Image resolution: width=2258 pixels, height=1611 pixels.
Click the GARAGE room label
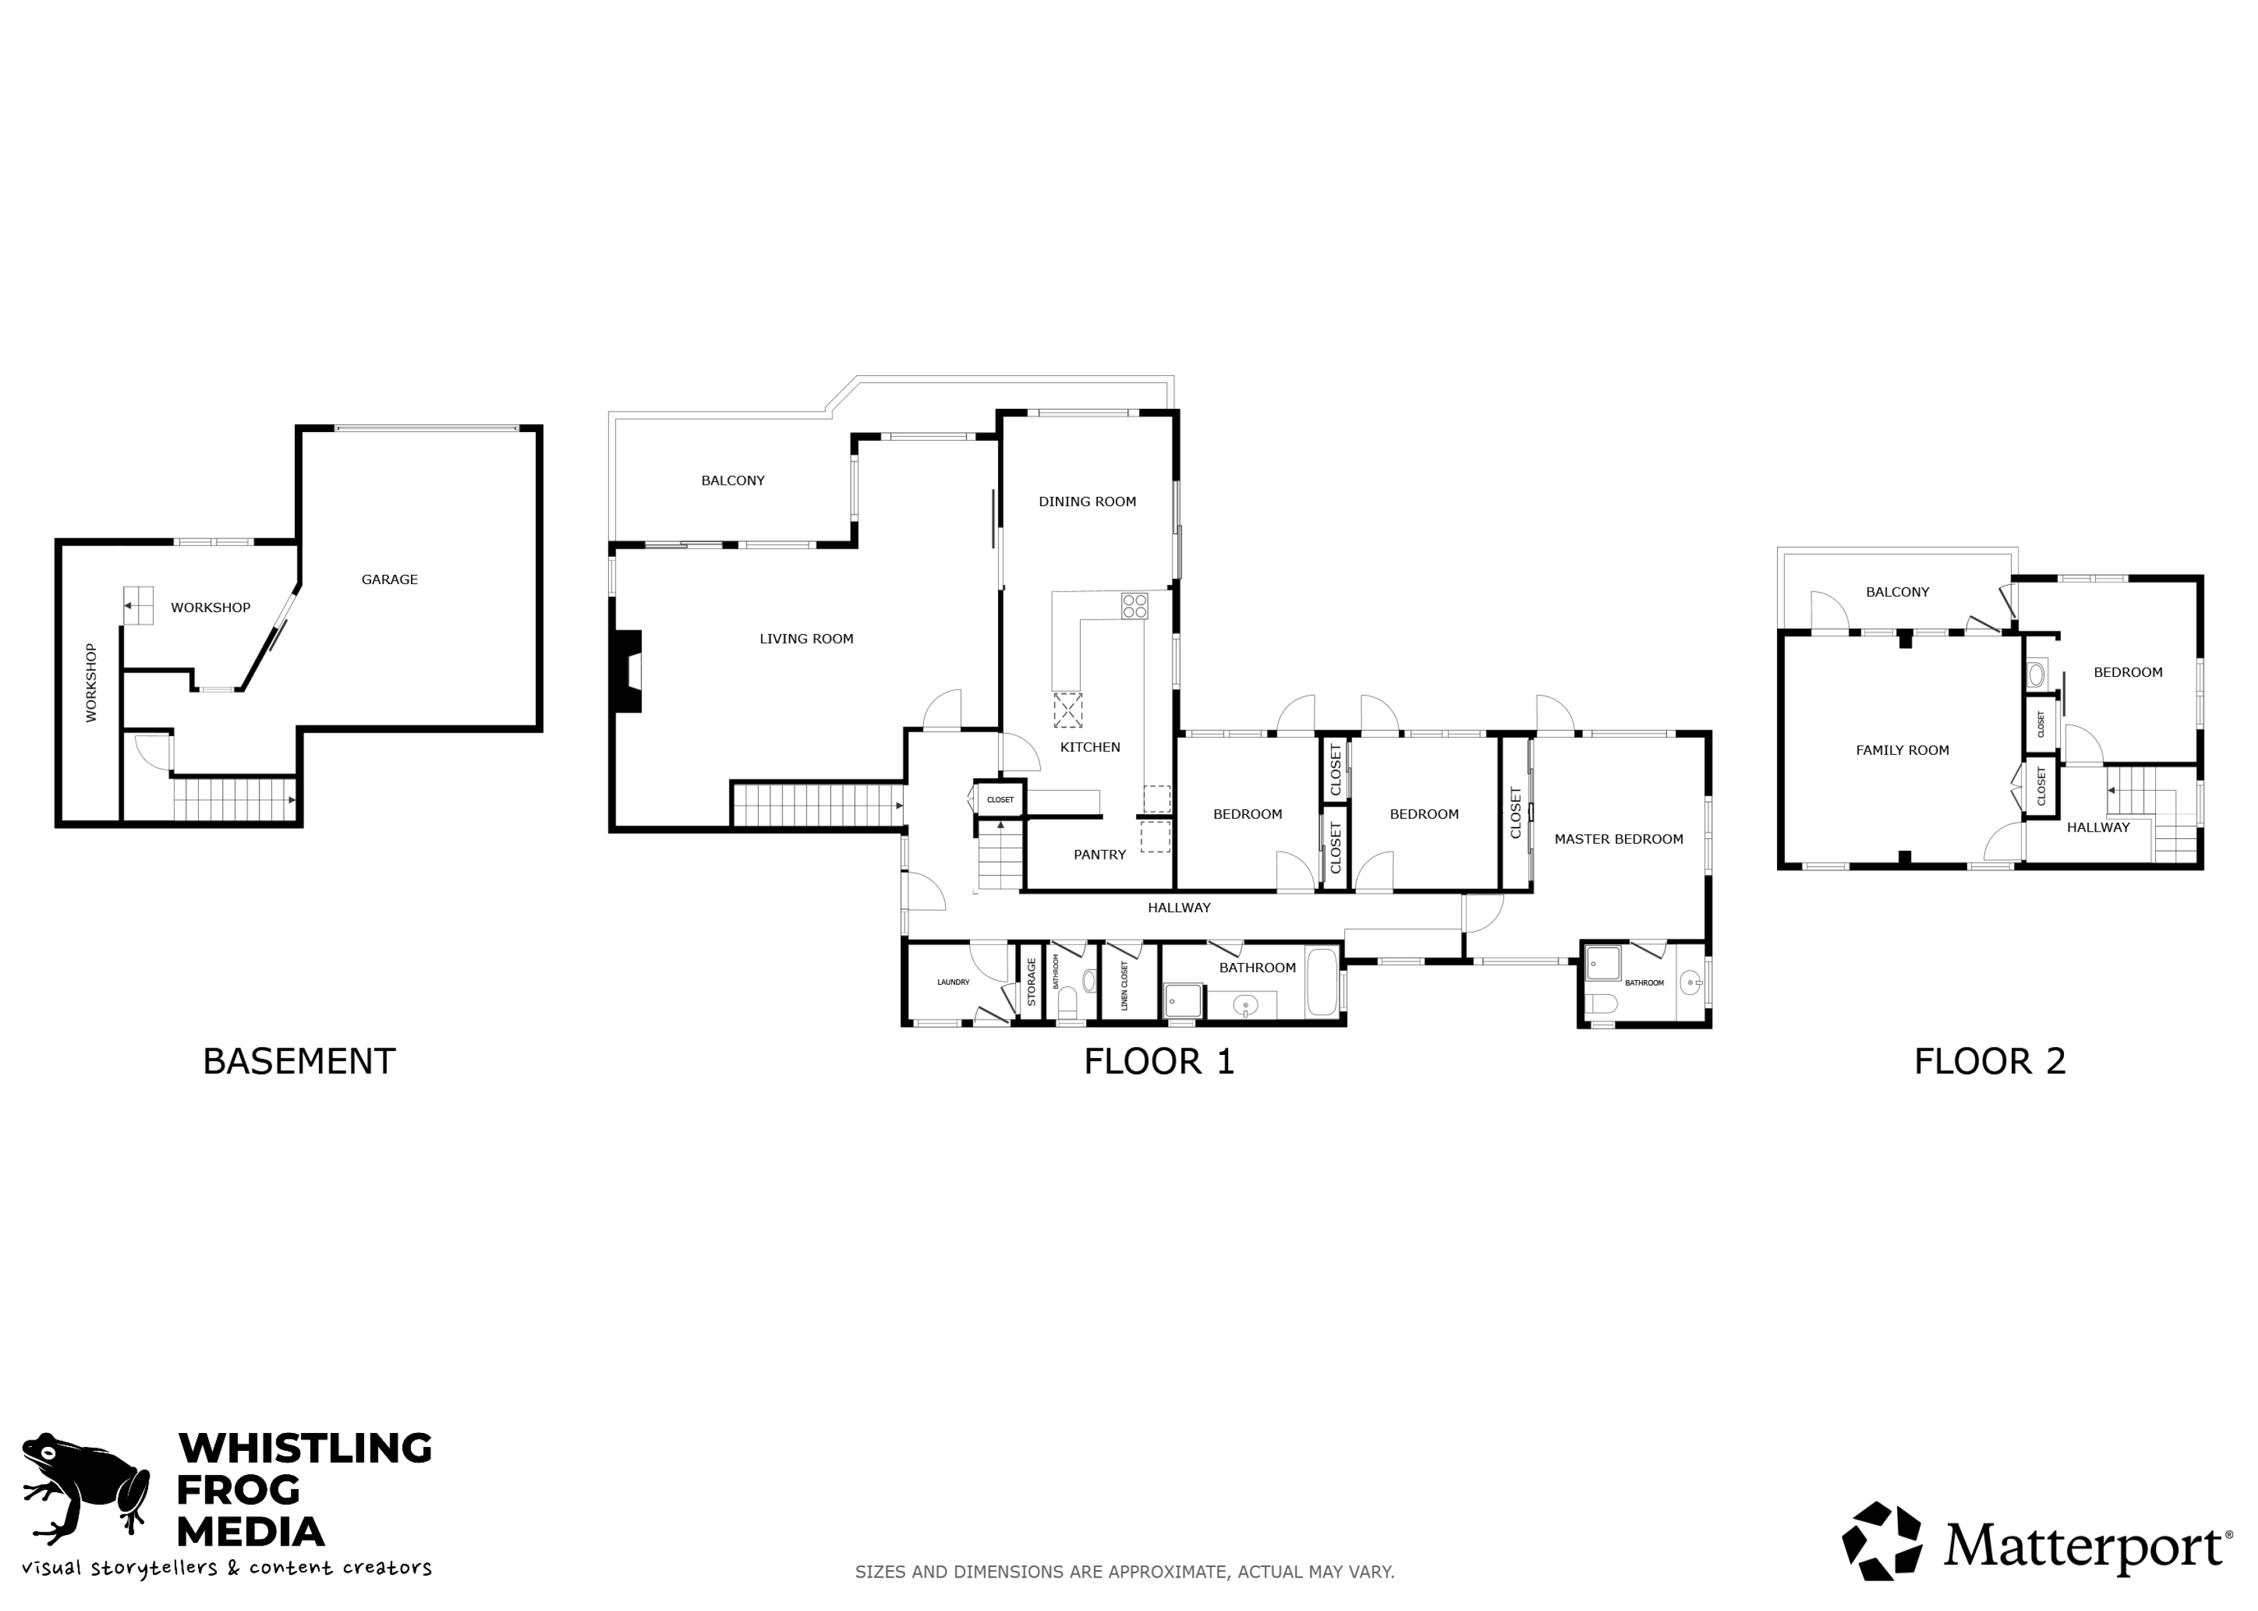point(389,579)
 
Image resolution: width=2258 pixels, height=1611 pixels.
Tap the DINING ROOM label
point(1087,501)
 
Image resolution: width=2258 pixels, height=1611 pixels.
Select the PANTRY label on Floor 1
point(1099,854)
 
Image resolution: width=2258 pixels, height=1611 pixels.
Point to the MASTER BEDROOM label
point(1618,838)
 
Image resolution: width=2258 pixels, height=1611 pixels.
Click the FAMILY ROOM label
point(1902,750)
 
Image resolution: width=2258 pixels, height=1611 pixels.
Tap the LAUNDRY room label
point(953,982)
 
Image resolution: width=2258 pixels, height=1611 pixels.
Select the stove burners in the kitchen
point(1134,605)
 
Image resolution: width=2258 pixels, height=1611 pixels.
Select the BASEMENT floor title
point(299,1062)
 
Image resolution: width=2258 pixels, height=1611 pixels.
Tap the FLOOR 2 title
point(1989,1062)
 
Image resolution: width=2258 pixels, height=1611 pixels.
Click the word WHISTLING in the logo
point(305,1448)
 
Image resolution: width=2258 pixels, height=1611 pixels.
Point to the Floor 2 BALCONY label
point(1897,592)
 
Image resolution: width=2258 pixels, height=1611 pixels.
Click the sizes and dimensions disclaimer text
point(1124,1571)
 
